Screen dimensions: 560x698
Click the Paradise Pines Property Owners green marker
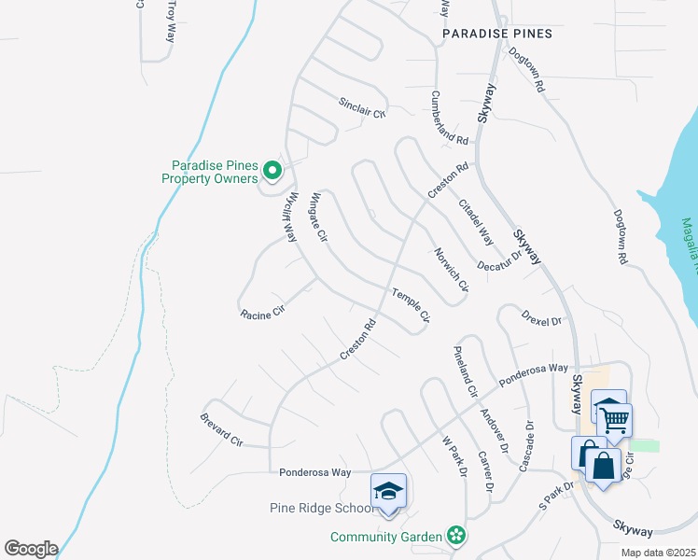[x=272, y=170]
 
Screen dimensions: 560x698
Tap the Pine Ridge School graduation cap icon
[x=389, y=491]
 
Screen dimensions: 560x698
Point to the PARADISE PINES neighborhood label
[x=497, y=34]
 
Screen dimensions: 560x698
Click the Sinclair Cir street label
[x=361, y=107]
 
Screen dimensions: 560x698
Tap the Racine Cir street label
[x=261, y=315]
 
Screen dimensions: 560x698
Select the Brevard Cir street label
[x=221, y=429]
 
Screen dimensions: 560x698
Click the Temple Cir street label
[x=410, y=306]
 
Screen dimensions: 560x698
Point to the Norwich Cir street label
[x=450, y=271]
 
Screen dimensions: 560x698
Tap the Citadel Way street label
[x=474, y=221]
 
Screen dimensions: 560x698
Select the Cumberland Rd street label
[x=449, y=118]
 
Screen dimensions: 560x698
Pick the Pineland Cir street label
[x=464, y=369]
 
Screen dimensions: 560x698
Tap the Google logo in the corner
[x=31, y=548]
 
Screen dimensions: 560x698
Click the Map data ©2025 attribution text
[x=657, y=553]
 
